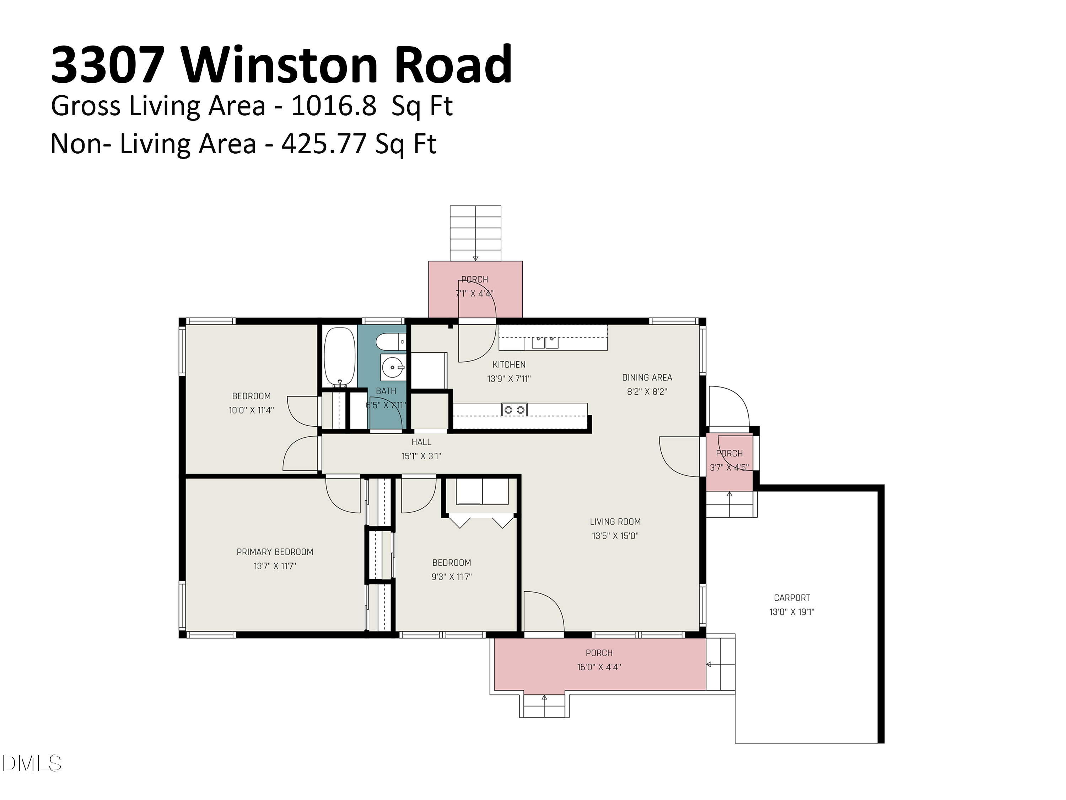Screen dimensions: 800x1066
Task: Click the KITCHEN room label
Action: [x=509, y=364]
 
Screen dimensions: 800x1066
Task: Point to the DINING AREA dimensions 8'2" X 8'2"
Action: [x=647, y=391]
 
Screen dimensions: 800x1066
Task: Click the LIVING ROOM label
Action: [x=615, y=521]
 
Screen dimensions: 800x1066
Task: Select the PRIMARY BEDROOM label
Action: [x=275, y=552]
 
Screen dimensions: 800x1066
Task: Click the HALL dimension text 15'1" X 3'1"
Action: [x=421, y=456]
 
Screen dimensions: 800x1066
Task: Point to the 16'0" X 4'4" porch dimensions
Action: [x=599, y=667]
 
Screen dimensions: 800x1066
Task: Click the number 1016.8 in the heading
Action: [x=334, y=106]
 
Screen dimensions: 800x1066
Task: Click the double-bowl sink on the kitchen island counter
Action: [x=514, y=410]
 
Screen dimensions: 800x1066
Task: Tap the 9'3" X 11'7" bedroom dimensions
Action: [x=452, y=576]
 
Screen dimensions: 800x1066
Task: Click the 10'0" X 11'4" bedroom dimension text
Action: [x=251, y=410]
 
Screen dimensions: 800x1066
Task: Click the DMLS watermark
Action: [x=31, y=763]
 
